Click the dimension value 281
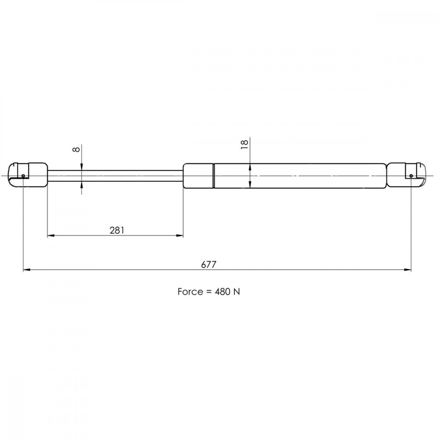click(x=117, y=230)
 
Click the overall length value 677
click(x=208, y=264)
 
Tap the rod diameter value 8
click(x=76, y=149)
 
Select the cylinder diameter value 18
click(x=244, y=144)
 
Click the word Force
click(x=190, y=292)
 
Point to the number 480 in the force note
click(x=223, y=292)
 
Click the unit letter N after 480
click(x=237, y=292)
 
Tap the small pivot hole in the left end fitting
click(x=23, y=176)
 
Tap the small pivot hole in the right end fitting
click(x=411, y=176)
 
